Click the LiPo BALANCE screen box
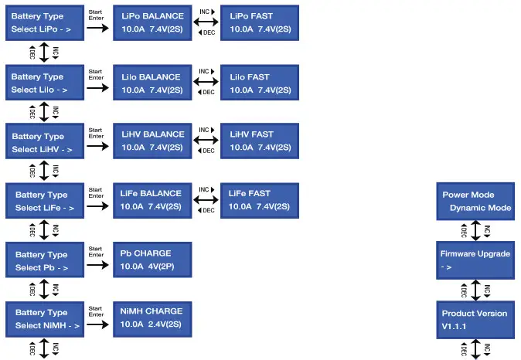pos(152,22)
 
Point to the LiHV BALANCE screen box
pos(152,141)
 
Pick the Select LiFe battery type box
pos(44,201)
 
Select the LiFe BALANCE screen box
pos(152,200)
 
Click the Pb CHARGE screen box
pos(152,260)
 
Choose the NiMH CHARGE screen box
pos(152,318)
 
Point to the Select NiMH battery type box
pos(44,318)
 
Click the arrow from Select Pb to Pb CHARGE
pos(97,266)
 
